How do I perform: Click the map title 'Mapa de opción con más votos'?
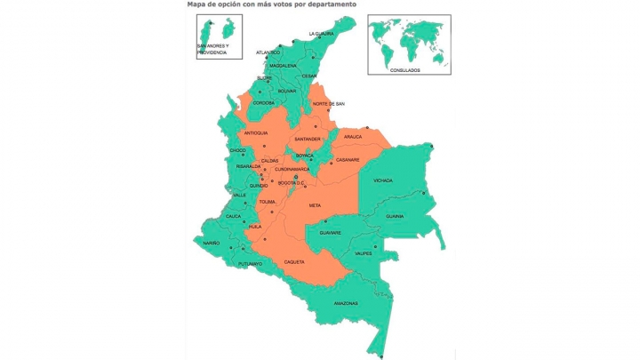coord(272,4)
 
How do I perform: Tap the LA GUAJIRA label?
coord(321,34)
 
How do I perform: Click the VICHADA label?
coord(383,180)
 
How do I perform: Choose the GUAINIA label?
coord(395,216)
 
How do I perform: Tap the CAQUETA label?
coord(294,262)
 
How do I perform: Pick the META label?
coord(315,205)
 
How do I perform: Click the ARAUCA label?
coord(353,137)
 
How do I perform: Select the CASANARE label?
coord(348,160)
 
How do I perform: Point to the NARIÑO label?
coord(210,243)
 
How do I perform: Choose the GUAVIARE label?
coord(331,232)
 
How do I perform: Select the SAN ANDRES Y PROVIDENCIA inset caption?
coord(212,49)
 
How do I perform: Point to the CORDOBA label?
coord(264,102)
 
